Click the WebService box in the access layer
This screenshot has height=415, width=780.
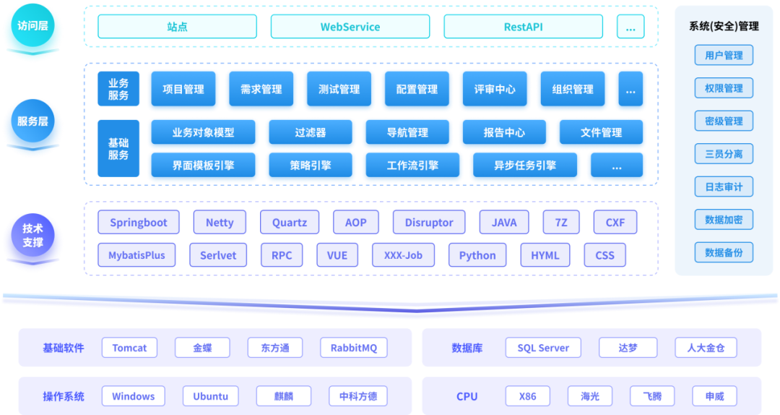tap(350, 27)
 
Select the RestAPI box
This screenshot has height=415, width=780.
tap(523, 27)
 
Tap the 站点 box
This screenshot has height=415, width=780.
tap(177, 27)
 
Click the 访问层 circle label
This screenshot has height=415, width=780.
tap(32, 27)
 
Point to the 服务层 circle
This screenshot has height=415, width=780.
tap(32, 121)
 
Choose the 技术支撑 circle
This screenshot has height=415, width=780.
tap(32, 236)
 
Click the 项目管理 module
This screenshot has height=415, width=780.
tap(183, 90)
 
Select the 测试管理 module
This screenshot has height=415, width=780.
tap(339, 90)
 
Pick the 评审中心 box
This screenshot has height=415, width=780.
tap(495, 90)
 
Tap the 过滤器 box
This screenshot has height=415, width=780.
tap(310, 133)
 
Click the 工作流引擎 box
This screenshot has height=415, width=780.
tap(412, 166)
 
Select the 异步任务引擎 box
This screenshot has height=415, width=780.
tap(525, 166)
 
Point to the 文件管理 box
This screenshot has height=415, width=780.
tap(601, 133)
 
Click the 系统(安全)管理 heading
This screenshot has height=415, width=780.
tap(724, 27)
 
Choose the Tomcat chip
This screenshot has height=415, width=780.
tap(129, 348)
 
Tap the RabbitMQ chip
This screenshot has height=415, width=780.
tap(354, 348)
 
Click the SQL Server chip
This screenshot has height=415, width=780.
tap(543, 348)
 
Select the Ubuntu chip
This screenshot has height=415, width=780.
tap(210, 396)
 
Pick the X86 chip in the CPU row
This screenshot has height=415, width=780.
tap(527, 396)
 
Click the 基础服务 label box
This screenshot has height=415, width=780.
tap(118, 149)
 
